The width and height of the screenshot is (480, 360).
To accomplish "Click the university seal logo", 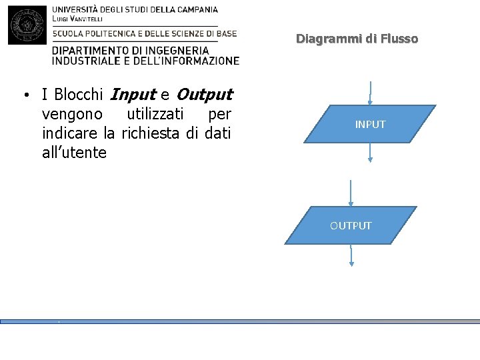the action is click(x=27, y=25).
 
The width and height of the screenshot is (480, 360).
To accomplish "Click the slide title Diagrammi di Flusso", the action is click(x=357, y=39).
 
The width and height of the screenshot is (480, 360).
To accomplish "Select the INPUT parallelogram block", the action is click(x=370, y=124).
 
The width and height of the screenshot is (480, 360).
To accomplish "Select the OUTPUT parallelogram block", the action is click(x=351, y=225).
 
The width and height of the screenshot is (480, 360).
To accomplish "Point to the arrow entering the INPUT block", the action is click(x=370, y=93).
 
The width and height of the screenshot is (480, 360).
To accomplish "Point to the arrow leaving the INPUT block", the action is click(x=370, y=153).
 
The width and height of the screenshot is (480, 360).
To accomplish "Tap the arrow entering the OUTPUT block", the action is click(x=351, y=193).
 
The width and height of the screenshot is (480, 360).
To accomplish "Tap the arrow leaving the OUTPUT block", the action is click(x=351, y=256).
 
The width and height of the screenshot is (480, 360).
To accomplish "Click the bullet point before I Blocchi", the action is click(x=25, y=95).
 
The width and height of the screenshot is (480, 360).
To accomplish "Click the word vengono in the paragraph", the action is click(x=72, y=113).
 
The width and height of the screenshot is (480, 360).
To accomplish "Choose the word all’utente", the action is click(x=74, y=153).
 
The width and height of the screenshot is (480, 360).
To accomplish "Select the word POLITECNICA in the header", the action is click(x=117, y=33).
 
